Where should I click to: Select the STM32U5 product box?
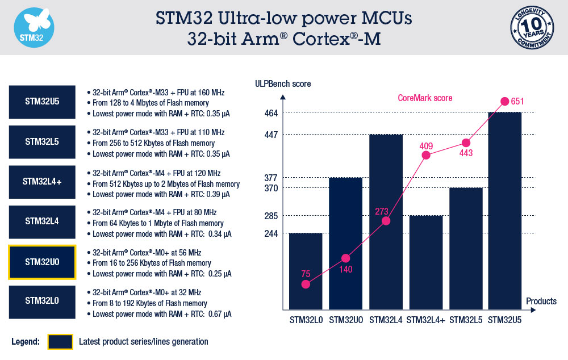(x=42, y=103)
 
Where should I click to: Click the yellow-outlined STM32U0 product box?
(x=42, y=262)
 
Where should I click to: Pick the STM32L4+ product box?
(x=42, y=182)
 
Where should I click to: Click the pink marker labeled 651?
(x=504, y=102)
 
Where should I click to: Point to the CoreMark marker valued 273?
(x=386, y=221)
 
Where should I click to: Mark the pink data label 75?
(x=306, y=274)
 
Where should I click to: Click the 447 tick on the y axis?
(x=270, y=135)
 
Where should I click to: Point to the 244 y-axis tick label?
(x=270, y=233)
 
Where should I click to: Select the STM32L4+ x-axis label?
(x=425, y=320)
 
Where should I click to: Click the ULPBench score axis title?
(x=283, y=84)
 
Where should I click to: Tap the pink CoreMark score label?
(x=424, y=98)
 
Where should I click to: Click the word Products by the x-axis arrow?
(x=541, y=301)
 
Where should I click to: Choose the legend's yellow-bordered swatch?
(x=60, y=342)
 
